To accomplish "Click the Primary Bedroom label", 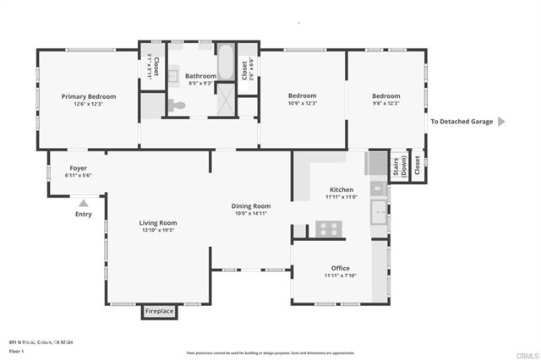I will (x=88, y=96).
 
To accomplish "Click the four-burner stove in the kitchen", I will (x=328, y=227).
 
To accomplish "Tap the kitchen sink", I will (x=379, y=209).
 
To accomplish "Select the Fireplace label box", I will (x=158, y=312).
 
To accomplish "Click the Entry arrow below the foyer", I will (x=83, y=203).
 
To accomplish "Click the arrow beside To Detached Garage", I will (x=500, y=122).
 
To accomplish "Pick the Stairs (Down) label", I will (x=398, y=166).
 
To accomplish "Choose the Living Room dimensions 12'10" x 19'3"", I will (x=158, y=230).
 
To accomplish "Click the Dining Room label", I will (x=251, y=206).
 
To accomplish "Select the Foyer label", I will (x=78, y=168).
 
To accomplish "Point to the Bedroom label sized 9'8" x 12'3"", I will (x=385, y=96).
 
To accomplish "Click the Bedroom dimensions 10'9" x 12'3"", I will (x=302, y=104).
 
